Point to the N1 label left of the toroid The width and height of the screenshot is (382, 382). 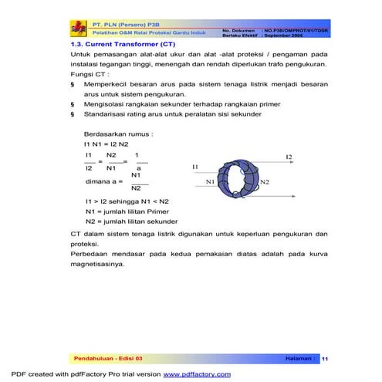209,182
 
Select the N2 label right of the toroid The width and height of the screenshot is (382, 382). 264,182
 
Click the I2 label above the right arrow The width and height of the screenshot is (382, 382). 288,157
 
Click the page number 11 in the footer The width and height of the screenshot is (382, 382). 325,359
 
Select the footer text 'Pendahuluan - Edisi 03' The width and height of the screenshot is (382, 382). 108,359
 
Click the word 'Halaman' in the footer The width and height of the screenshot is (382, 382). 296,359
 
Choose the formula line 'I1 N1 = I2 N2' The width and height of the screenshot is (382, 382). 106,144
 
